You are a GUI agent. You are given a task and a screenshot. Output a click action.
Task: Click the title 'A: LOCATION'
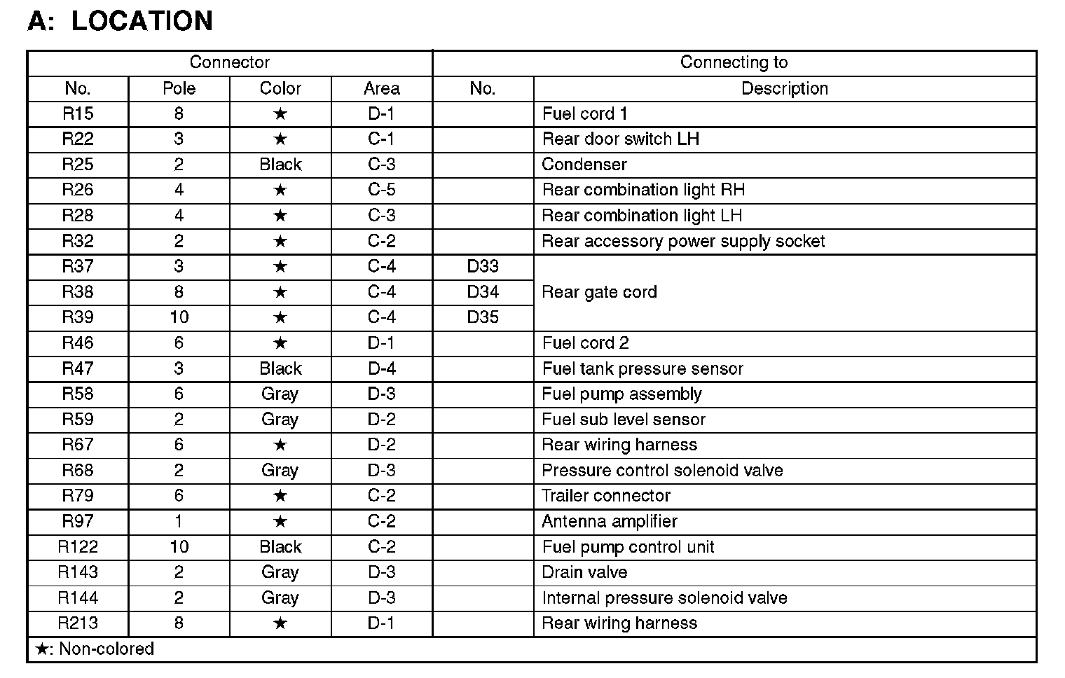coord(120,21)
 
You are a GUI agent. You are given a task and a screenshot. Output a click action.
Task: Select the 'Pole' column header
coord(179,88)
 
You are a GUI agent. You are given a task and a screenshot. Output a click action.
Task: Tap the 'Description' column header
coord(785,88)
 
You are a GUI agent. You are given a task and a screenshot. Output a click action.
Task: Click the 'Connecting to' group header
coord(734,62)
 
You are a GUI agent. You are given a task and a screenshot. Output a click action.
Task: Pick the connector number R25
coord(78,165)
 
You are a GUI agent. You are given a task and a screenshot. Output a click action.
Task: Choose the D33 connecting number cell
coord(483,266)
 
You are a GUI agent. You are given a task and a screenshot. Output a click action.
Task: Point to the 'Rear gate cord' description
coord(599,292)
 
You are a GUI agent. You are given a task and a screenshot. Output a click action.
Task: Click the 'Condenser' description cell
coord(584,165)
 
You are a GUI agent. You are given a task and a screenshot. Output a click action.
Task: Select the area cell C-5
coord(381,190)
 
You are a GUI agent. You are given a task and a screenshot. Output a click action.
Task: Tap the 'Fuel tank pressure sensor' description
coord(643,368)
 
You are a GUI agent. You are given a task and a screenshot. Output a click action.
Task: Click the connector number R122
coord(78,547)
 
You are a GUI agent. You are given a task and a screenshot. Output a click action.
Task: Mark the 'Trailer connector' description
coord(606,496)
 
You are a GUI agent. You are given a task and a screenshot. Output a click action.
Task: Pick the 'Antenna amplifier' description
coord(610,522)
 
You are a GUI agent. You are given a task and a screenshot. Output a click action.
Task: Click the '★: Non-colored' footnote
coord(95,649)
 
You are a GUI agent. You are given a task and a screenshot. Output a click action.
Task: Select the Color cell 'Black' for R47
coord(280,368)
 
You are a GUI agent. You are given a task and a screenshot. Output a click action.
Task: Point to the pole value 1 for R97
coord(179,522)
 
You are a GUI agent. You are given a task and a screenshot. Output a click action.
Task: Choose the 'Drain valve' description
coord(584,572)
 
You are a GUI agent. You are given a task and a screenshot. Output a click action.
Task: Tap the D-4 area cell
coord(381,368)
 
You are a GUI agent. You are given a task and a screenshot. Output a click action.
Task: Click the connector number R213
coord(78,623)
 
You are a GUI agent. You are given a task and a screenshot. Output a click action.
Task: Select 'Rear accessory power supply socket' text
coord(683,242)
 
